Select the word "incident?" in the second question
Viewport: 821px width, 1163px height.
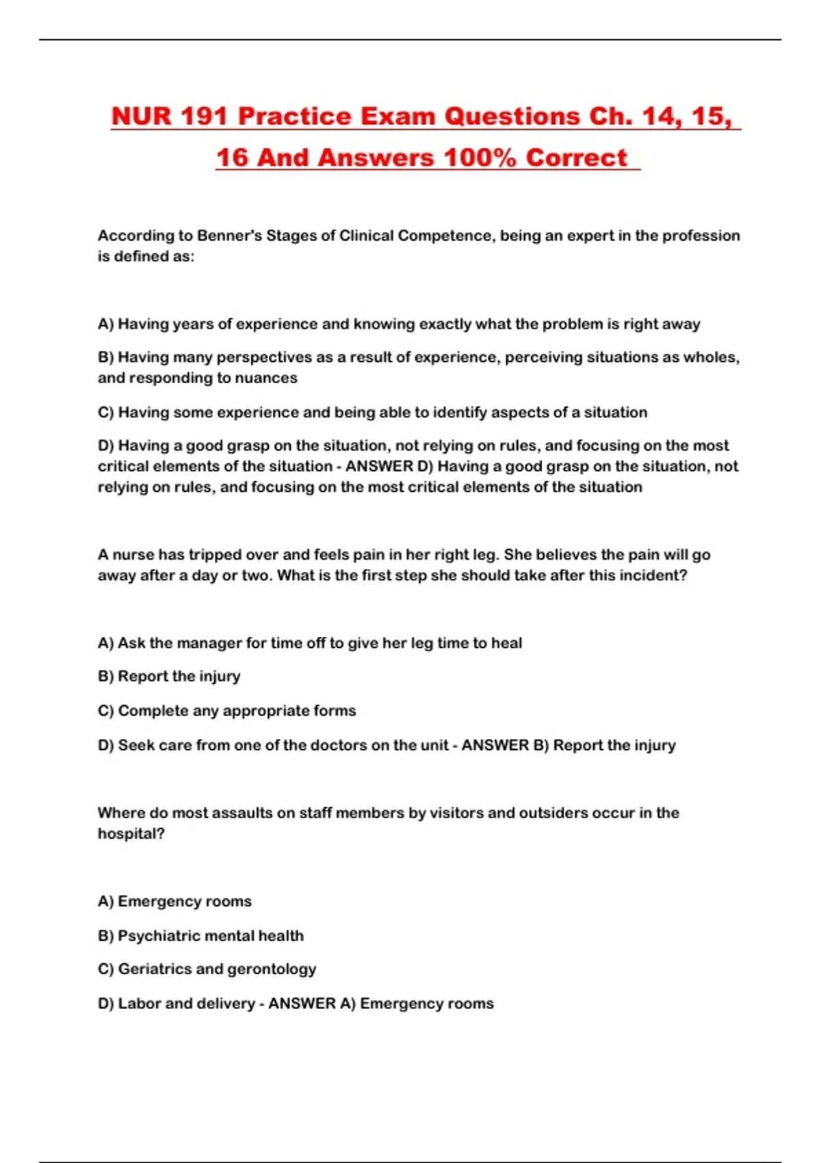[x=653, y=575]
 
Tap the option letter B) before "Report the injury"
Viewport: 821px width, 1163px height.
[x=106, y=677]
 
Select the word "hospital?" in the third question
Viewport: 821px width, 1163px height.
[x=131, y=834]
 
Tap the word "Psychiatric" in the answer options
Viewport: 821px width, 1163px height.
[x=159, y=936]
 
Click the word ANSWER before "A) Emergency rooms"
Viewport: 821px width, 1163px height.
[x=302, y=1004]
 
